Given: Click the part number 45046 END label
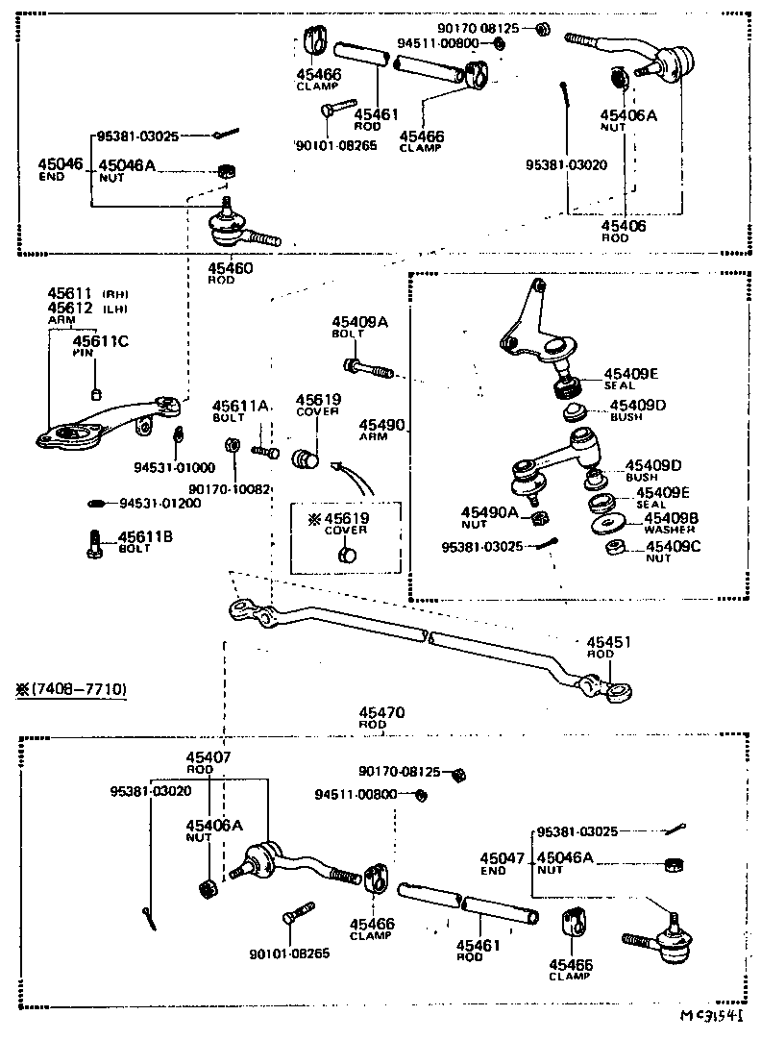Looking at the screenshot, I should pos(60,169).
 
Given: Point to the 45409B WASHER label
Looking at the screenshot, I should pos(670,523).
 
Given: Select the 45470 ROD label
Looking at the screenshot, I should pos(380,717).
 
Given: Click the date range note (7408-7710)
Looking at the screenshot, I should pos(69,689).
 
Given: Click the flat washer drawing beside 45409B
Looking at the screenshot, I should pos(605,524).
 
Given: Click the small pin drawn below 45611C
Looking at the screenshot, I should pos(97,394).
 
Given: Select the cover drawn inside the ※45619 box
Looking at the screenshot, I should pos(347,555).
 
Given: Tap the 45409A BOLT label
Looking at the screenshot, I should pos(360,328).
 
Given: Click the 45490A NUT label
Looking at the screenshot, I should pos(489,517).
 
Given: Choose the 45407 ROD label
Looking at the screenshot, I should pos(210,762).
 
